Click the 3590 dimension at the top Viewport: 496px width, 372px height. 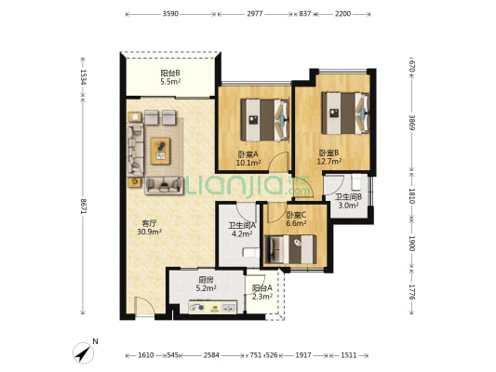tap(170, 14)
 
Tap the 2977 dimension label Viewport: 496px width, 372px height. tap(255, 14)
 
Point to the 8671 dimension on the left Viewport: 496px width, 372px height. tap(83, 206)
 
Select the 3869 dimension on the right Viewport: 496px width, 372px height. tap(411, 123)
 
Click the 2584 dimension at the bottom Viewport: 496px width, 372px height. tap(211, 355)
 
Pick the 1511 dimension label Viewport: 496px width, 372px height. tap(349, 355)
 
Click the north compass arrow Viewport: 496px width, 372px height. tap(84, 353)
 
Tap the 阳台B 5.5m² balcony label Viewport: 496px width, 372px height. tap(170, 77)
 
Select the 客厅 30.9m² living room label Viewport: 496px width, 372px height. tap(149, 228)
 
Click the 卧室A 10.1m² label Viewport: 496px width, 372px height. tap(248, 158)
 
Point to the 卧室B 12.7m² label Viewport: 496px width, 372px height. tap(329, 157)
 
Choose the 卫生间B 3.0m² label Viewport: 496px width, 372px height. tap(349, 201)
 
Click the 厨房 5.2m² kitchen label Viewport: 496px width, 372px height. tap(206, 284)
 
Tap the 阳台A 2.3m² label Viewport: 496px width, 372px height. tap(262, 292)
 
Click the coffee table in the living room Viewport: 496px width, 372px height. tap(160, 151)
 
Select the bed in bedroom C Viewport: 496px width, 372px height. tap(290, 249)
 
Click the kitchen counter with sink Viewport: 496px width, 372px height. tap(212, 307)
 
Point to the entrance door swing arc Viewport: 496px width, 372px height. tap(147, 301)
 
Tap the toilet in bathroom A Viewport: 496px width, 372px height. tap(251, 253)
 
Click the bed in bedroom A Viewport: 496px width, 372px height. tap(265, 120)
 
